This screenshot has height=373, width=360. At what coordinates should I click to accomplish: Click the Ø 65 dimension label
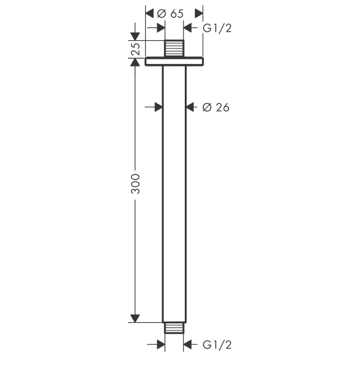coord(170,14)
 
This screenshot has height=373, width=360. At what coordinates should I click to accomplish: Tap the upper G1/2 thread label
coord(217,28)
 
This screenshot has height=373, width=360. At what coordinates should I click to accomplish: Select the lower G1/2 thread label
coord(217,345)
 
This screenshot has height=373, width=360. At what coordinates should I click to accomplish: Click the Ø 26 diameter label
coord(216,108)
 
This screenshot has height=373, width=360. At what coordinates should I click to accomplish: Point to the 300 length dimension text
coord(136,184)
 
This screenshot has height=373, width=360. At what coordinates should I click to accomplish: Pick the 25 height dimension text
coord(136,49)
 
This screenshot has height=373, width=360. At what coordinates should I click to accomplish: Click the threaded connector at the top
coord(174,48)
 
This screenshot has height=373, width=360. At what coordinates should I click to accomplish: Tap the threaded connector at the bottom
coord(174,328)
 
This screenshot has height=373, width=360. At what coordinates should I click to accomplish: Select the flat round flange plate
coord(174,62)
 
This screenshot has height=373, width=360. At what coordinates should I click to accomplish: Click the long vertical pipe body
coord(174,194)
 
